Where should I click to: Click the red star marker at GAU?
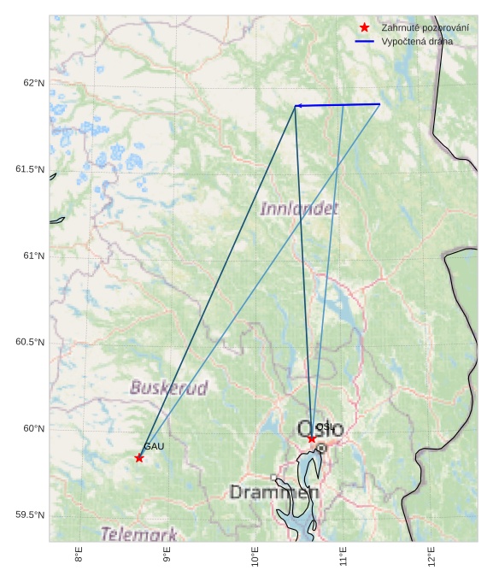(139, 458)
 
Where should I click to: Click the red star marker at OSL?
(312, 438)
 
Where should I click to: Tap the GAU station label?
(154, 446)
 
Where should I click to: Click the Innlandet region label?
(298, 209)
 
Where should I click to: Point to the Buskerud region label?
(168, 388)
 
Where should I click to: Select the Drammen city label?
(274, 492)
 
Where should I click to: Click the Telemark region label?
(139, 535)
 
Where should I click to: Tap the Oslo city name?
(320, 429)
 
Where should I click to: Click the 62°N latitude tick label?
(33, 83)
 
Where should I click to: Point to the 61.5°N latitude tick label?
(30, 169)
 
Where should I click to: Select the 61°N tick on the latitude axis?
(33, 256)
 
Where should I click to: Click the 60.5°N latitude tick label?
(30, 342)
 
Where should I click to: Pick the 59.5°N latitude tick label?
(30, 514)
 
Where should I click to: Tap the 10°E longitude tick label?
(255, 557)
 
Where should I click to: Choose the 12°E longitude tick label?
(431, 557)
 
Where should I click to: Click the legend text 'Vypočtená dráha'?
(417, 41)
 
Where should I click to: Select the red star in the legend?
(365, 27)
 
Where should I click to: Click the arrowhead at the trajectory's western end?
(297, 106)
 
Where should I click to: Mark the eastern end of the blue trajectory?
(379, 104)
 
